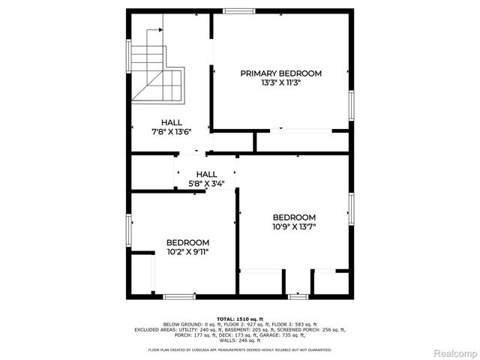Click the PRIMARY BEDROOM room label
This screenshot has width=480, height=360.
pyautogui.click(x=280, y=73)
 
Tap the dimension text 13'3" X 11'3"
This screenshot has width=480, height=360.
pyautogui.click(x=280, y=82)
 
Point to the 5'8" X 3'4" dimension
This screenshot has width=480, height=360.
pyautogui.click(x=206, y=183)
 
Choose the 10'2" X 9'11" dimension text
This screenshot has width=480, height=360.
pyautogui.click(x=187, y=252)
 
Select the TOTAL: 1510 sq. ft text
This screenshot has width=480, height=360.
pyautogui.click(x=240, y=319)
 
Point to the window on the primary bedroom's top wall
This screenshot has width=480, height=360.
pyautogui.click(x=238, y=11)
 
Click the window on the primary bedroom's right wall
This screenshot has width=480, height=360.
pyautogui.click(x=350, y=105)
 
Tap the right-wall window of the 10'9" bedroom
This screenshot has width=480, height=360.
pyautogui.click(x=350, y=209)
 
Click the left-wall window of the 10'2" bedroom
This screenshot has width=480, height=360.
pyautogui.click(x=130, y=229)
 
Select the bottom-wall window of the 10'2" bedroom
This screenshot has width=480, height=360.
pyautogui.click(x=179, y=296)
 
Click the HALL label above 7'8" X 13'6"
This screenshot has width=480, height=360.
pyautogui.click(x=172, y=122)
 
